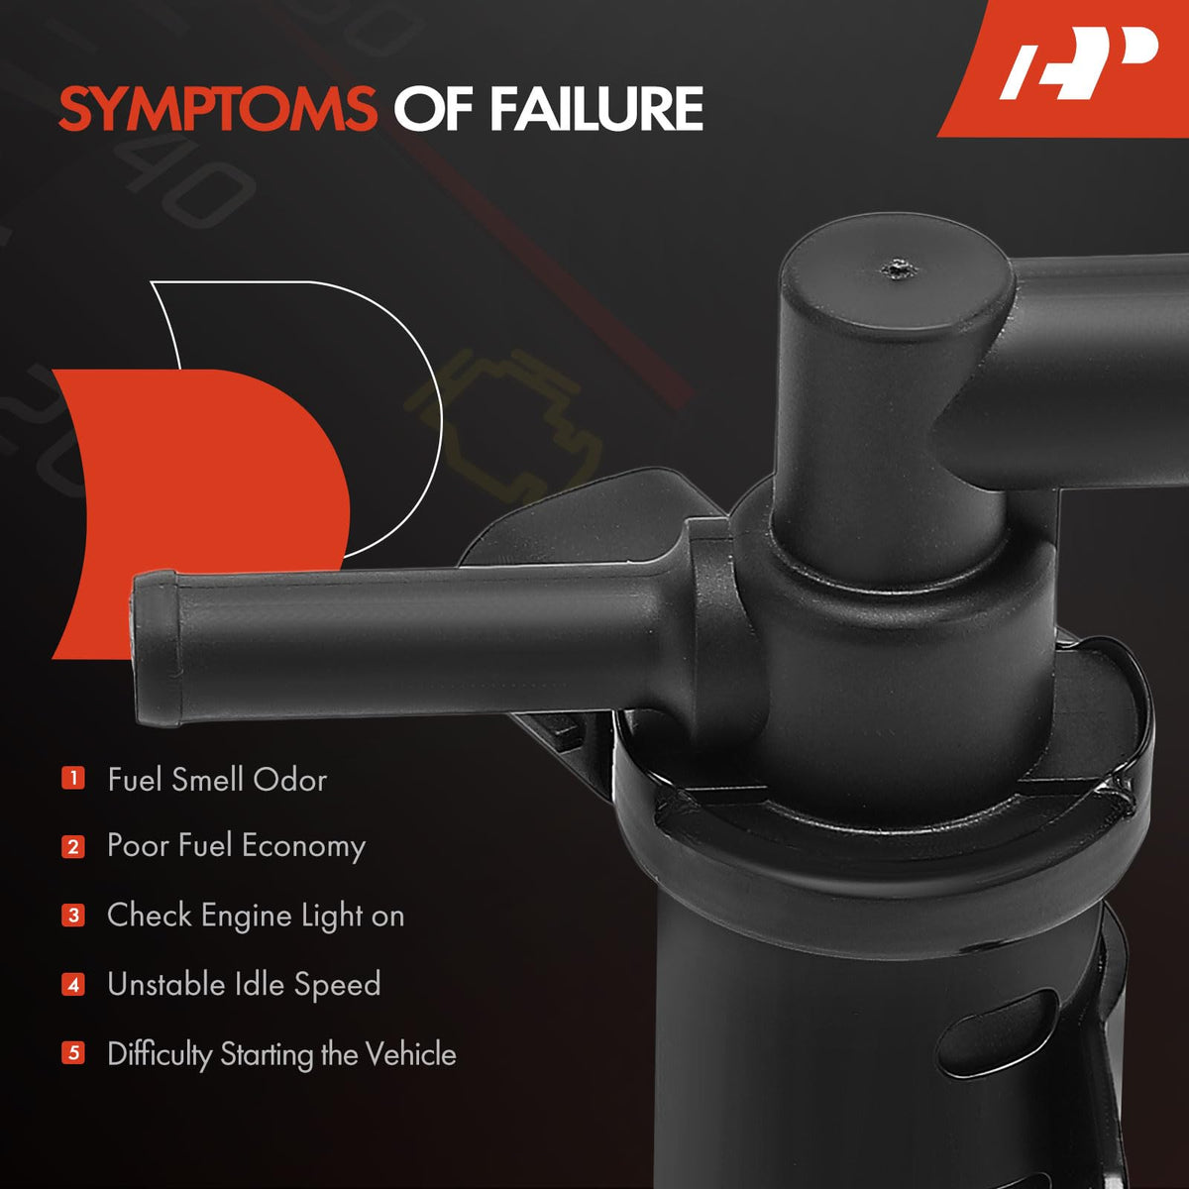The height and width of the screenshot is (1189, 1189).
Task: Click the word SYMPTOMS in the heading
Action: pos(218,109)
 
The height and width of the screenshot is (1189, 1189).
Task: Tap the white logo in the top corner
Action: pos(1079,62)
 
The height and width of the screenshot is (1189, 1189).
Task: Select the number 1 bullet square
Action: pos(72,778)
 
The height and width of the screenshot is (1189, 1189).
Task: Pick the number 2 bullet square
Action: pos(72,846)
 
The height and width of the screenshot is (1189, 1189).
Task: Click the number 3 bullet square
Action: pos(72,916)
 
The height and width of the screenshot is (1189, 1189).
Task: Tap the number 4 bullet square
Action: pos(72,984)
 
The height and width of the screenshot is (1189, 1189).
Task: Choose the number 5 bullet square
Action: pos(72,1052)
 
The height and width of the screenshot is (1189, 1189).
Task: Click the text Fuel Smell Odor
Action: pos(217,780)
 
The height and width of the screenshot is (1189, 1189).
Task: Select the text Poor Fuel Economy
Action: pos(237,846)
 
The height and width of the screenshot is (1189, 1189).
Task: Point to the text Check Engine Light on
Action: pos(256,916)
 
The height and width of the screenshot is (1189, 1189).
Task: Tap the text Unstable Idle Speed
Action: pos(245,984)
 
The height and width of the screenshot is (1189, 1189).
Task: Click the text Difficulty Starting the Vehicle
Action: pos(282,1054)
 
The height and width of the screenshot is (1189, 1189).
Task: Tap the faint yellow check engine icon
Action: pos(503,426)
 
